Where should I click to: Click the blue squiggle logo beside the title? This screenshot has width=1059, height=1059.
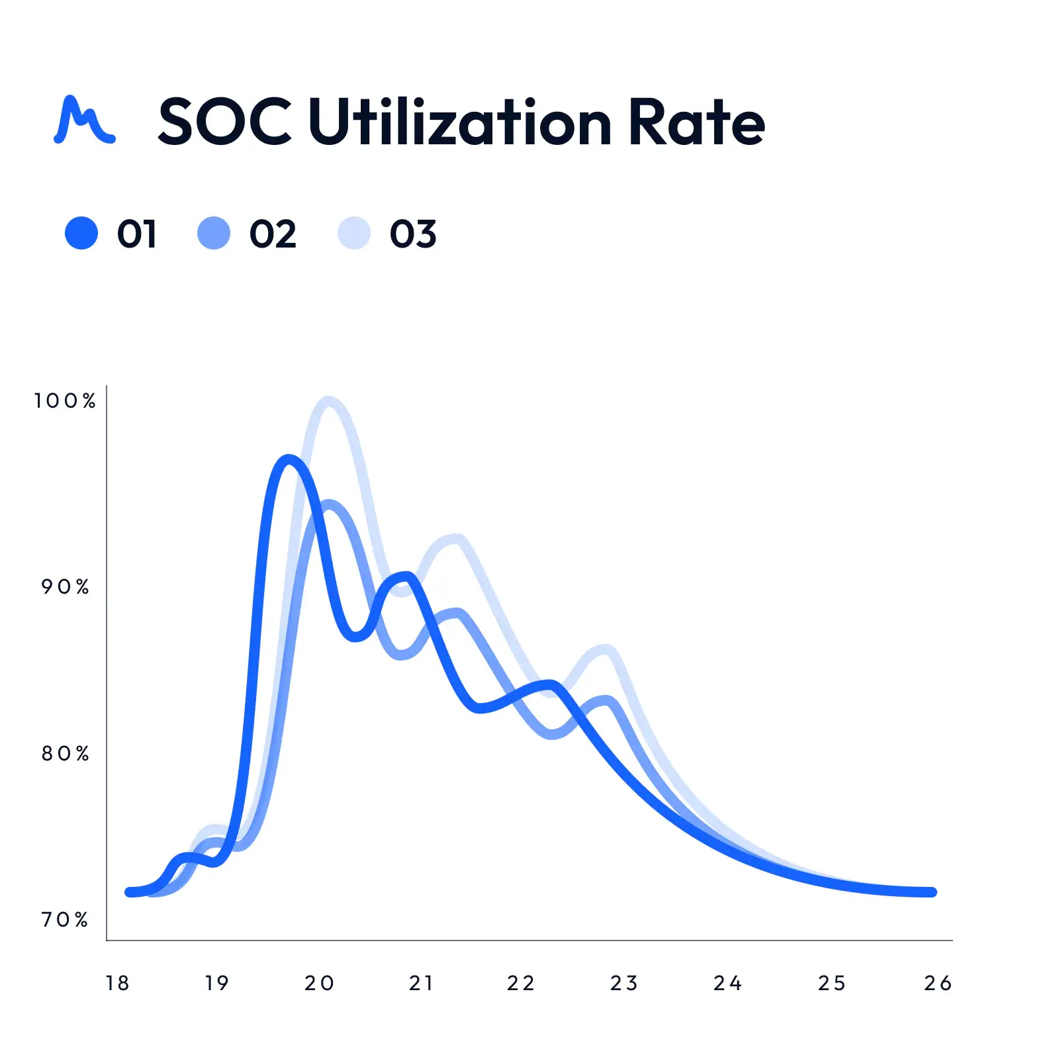coord(84,120)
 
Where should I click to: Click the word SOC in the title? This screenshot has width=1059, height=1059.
coord(225,122)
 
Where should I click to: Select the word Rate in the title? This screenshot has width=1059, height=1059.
coord(696,122)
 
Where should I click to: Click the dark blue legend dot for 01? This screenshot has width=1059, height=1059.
coord(81,233)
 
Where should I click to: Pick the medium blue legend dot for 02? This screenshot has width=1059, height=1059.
coord(214,233)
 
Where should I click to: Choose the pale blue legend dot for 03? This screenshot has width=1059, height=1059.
coord(354,233)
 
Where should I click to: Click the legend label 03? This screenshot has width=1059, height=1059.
coord(413,234)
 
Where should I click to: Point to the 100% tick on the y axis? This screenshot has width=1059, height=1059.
coord(66,400)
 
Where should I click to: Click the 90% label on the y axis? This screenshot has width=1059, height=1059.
coord(66,586)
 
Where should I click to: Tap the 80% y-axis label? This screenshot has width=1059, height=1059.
coord(66,753)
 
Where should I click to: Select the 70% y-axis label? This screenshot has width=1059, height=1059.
coord(66,919)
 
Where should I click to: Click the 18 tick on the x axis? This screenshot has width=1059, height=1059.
coord(118,984)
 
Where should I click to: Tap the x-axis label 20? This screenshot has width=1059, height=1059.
coord(320,984)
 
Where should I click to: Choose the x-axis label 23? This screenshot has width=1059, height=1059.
coord(624,984)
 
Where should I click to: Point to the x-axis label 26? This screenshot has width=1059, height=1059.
coord(938,984)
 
